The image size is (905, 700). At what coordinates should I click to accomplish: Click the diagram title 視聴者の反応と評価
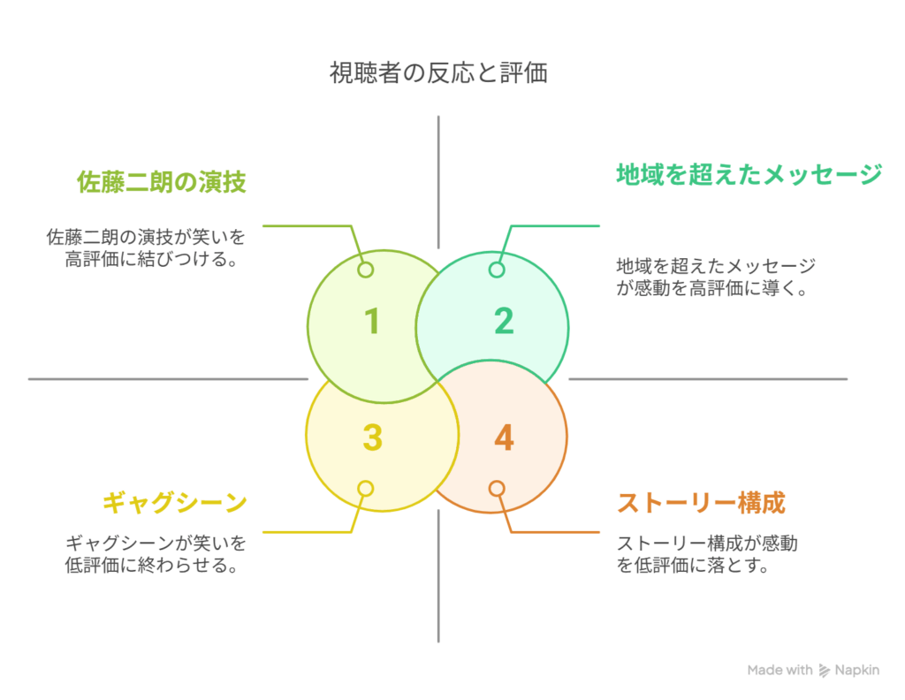(x=438, y=72)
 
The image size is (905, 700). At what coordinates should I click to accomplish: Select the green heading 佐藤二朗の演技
(x=161, y=182)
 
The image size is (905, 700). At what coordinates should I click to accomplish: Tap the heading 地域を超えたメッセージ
(x=749, y=174)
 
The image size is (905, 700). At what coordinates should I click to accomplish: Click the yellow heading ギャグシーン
(x=174, y=503)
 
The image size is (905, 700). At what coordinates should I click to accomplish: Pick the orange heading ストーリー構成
(x=701, y=503)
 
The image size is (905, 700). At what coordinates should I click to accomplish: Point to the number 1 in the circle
(x=372, y=321)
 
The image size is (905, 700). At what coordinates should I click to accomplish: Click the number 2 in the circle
(x=504, y=321)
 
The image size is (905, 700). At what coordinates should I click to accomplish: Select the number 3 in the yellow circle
(x=372, y=437)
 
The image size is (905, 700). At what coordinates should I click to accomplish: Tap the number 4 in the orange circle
(x=504, y=437)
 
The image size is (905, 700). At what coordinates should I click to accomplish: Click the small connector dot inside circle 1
(x=365, y=270)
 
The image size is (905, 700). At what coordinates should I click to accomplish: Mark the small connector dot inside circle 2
(x=497, y=270)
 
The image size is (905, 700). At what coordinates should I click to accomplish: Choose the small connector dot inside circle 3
(x=365, y=488)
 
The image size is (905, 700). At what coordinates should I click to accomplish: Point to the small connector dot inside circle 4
(x=497, y=488)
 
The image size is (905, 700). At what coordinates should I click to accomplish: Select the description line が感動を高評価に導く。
(x=714, y=288)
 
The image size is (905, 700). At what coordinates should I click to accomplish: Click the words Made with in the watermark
(x=780, y=670)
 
